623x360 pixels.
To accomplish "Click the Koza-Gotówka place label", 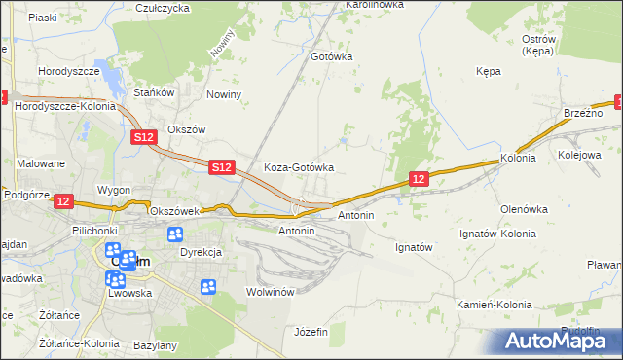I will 299,167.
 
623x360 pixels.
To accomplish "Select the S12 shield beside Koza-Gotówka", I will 221,168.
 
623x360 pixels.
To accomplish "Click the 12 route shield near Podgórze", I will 63,200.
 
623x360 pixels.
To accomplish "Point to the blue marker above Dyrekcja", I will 175,234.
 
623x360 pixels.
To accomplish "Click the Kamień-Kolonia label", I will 495,305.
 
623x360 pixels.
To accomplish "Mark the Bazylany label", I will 156,345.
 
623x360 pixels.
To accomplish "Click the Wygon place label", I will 114,189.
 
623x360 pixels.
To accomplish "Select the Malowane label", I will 40,163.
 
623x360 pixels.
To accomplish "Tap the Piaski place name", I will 43,18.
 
